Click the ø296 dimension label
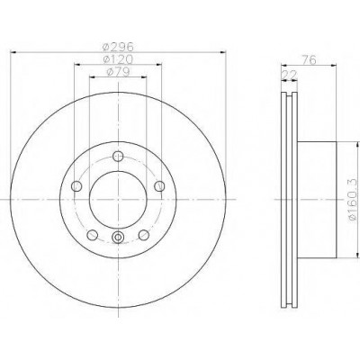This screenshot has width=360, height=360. click(118, 47)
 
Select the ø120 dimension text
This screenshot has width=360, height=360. click(118, 59)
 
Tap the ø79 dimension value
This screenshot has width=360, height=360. click(118, 72)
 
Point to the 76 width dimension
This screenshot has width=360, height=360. click(309, 60)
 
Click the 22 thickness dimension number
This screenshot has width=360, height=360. click(289, 75)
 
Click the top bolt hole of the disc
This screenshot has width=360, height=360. click(118, 156)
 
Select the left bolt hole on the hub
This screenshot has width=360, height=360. click(76, 186)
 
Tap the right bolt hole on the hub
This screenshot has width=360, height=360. click(159, 186)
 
